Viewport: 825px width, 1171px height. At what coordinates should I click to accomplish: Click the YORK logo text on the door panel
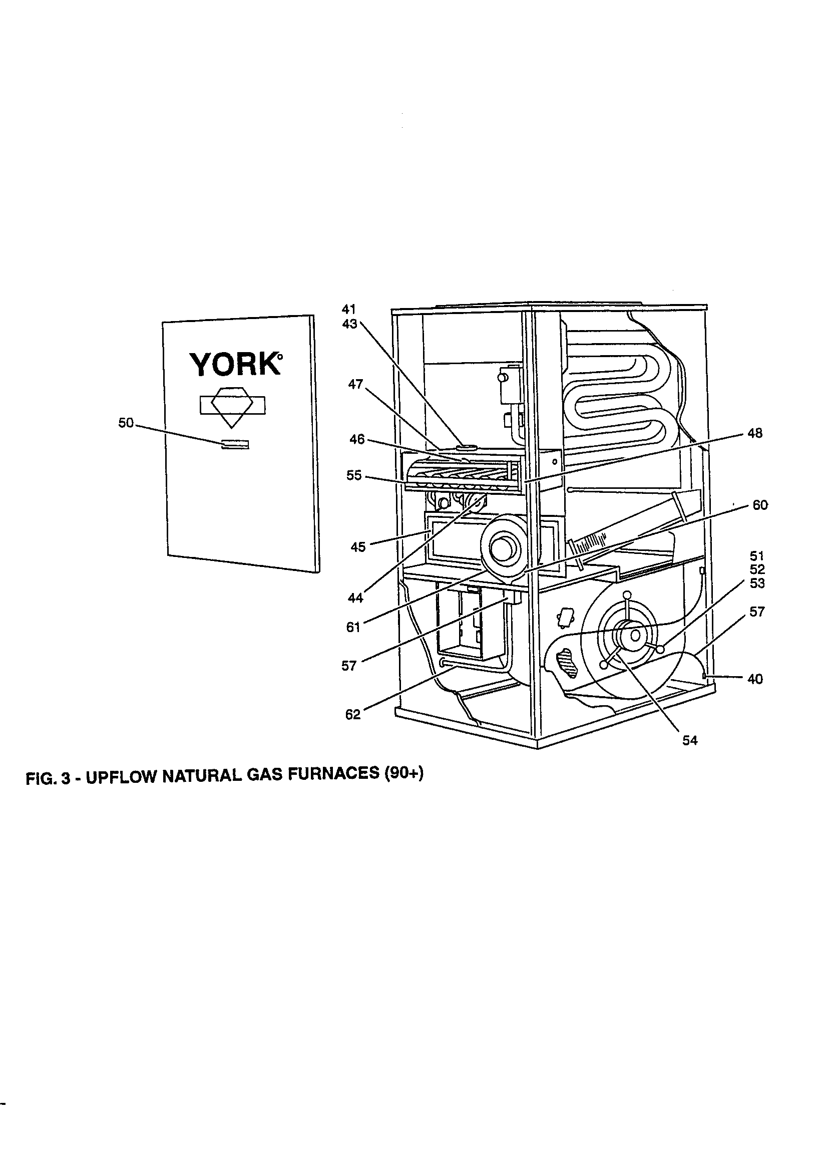(235, 364)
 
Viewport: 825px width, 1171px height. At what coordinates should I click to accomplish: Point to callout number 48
(754, 433)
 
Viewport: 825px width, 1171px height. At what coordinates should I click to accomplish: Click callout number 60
(760, 505)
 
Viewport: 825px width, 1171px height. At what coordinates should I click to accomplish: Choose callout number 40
(754, 679)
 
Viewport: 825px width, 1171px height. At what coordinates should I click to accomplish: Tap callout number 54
(690, 740)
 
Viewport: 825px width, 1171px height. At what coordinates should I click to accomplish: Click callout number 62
(353, 715)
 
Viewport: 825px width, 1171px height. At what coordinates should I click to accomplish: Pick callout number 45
(358, 547)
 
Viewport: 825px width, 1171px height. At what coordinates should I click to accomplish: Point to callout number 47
(355, 384)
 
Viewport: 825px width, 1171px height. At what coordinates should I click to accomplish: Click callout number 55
(354, 475)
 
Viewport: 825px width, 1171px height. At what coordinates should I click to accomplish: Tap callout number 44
(355, 598)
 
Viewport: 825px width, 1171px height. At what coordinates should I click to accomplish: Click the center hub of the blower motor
(635, 636)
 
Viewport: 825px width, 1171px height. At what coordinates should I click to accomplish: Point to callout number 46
(357, 439)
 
